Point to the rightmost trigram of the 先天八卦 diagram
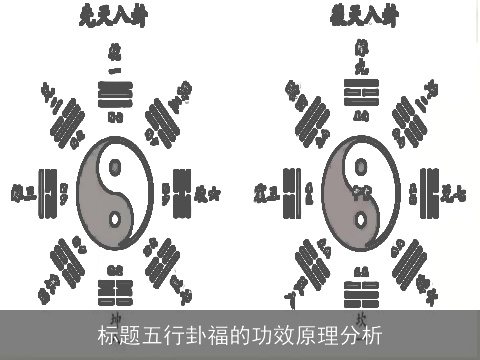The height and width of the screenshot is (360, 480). pyautogui.click(x=181, y=190)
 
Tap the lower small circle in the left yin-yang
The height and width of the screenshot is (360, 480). pyautogui.click(x=115, y=219)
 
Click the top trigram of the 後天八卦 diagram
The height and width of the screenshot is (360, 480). pyautogui.click(x=360, y=94)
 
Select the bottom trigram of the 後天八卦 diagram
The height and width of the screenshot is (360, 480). pyautogui.click(x=360, y=291)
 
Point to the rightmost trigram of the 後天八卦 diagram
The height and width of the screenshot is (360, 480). pyautogui.click(x=427, y=190)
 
